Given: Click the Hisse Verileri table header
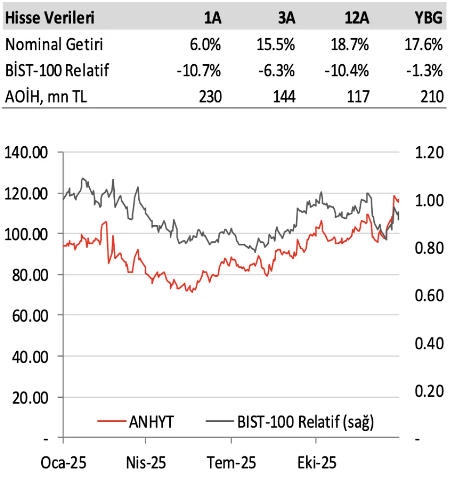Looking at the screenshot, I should pyautogui.click(x=50, y=18).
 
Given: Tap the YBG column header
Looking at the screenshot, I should pyautogui.click(x=428, y=18).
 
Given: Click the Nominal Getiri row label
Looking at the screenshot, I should pyautogui.click(x=54, y=45).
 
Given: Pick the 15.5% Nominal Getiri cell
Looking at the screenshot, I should pyautogui.click(x=276, y=45).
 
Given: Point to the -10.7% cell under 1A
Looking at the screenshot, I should pyautogui.click(x=199, y=71).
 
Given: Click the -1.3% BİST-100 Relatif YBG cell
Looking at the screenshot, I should pyautogui.click(x=425, y=71).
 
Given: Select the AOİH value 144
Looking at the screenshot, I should pyautogui.click(x=284, y=96).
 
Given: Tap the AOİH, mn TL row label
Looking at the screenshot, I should pyautogui.click(x=46, y=96).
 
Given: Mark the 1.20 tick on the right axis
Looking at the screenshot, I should pyautogui.click(x=428, y=153).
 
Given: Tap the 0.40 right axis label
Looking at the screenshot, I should pyautogui.click(x=428, y=343).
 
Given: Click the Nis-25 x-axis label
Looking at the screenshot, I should pyautogui.click(x=146, y=463).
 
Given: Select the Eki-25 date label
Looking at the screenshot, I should pyautogui.click(x=317, y=463).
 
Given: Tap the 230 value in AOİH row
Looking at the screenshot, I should pyautogui.click(x=210, y=96).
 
